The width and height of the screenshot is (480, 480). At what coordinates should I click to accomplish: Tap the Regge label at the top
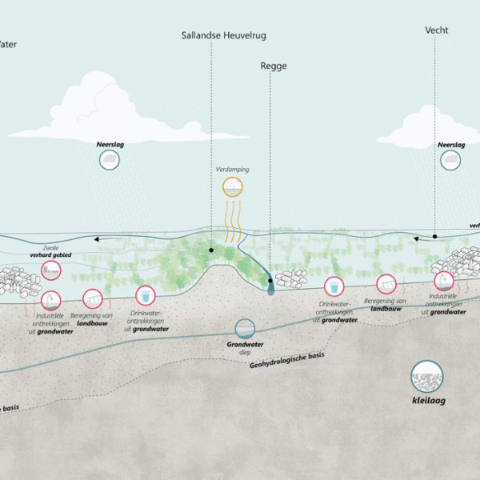click(274, 66)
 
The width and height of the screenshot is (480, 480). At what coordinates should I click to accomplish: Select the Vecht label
click(436, 30)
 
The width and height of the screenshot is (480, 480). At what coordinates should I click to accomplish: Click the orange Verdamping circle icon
click(234, 189)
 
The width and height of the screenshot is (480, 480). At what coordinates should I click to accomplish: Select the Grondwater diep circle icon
click(245, 328)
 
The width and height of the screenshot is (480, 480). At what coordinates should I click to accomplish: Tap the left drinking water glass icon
click(145, 296)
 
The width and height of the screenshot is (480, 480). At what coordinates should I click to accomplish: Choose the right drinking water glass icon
click(334, 286)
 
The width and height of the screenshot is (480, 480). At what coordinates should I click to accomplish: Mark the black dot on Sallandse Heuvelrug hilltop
click(212, 250)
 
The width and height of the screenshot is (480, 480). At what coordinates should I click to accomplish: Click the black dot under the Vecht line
click(435, 237)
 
